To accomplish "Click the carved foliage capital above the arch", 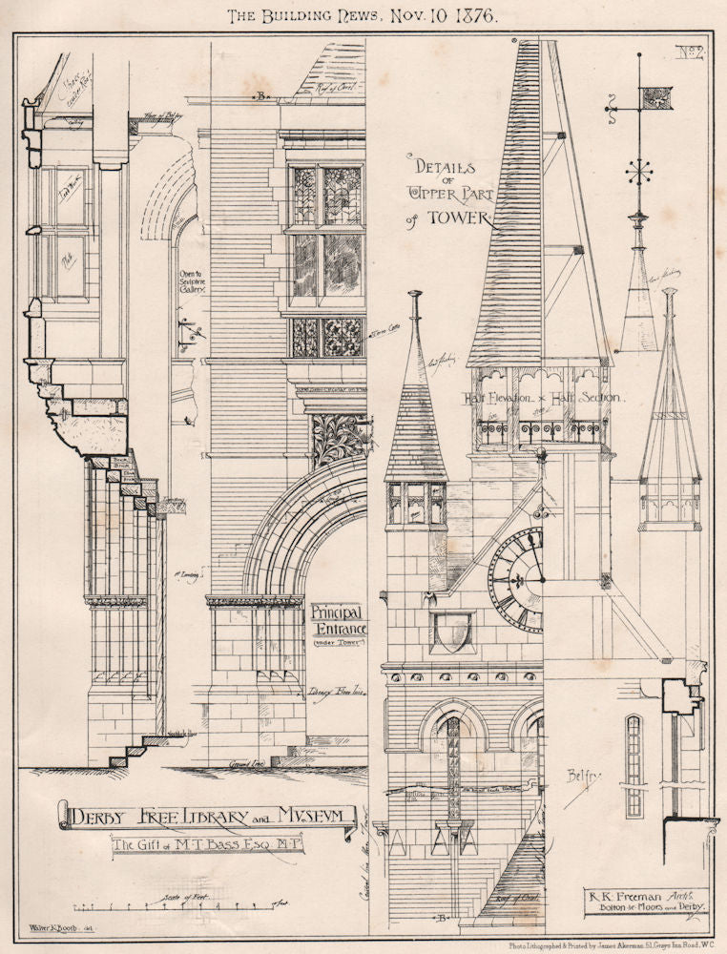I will point(337,440).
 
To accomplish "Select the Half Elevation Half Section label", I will point(543,398).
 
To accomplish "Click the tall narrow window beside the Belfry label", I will point(634,763).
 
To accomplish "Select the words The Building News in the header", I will point(292,17).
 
